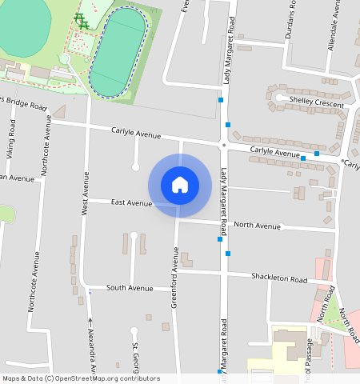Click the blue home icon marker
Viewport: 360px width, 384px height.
[180, 186]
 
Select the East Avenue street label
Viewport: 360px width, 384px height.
[132, 203]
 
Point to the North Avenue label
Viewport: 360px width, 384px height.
[257, 226]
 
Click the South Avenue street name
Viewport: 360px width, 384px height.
[130, 288]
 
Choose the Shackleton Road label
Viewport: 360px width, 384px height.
[279, 279]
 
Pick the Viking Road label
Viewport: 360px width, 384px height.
[11, 137]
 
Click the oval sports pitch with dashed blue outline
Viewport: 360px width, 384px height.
[118, 51]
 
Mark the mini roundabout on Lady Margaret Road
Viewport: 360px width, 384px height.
[223, 146]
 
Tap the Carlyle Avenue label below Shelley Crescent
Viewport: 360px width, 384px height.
[274, 151]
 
